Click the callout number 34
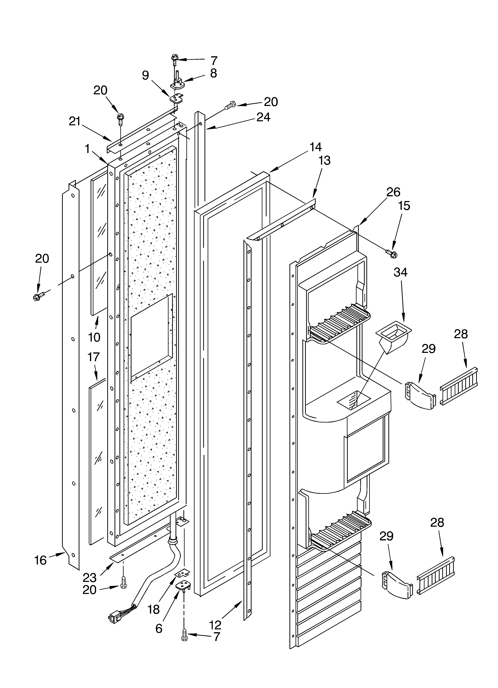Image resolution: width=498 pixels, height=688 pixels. point(400,272)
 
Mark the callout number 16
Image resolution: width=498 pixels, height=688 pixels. point(40,560)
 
